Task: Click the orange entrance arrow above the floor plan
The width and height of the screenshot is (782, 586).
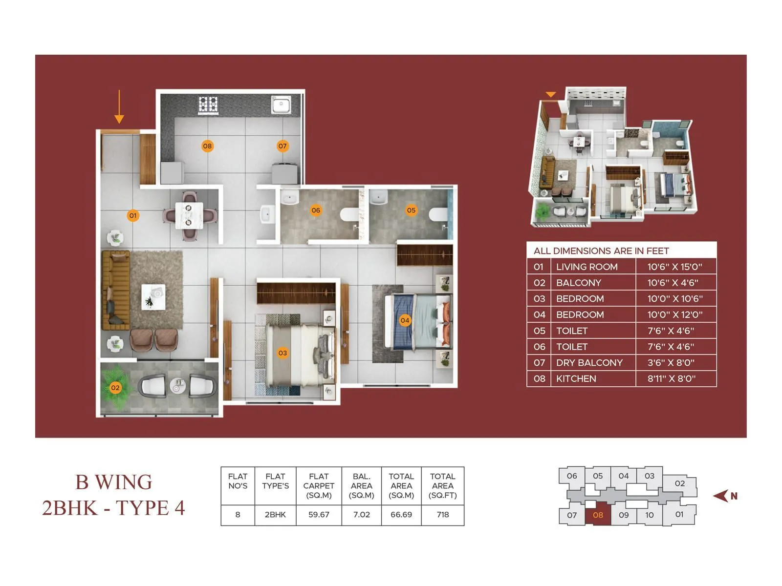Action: (119, 107)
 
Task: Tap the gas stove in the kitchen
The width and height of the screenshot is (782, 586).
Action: (208, 105)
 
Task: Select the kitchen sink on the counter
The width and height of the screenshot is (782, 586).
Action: (281, 105)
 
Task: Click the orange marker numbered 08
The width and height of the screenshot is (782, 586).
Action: (207, 146)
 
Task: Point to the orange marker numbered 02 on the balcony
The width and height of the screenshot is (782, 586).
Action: (115, 388)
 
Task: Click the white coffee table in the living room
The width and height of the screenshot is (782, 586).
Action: (153, 297)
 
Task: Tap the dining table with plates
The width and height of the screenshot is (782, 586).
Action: (189, 215)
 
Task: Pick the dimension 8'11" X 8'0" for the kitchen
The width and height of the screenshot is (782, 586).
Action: (671, 378)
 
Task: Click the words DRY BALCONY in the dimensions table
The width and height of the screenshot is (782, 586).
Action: (589, 363)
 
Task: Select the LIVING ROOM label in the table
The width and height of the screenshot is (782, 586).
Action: (586, 267)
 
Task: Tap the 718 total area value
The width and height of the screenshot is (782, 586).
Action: (442, 515)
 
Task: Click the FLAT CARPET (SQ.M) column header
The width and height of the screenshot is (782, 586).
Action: (319, 485)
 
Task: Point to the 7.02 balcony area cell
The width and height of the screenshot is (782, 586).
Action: (361, 515)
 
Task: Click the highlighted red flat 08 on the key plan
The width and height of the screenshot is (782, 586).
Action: (598, 515)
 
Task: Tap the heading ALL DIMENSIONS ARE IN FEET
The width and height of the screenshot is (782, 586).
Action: (601, 251)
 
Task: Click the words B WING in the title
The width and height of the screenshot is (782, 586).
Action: (113, 482)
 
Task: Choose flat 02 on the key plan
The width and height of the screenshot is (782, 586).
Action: (679, 483)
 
